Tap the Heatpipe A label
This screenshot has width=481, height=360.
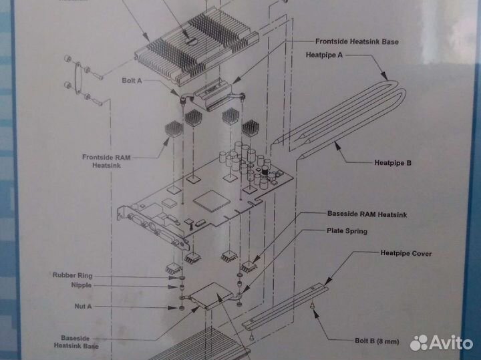324,55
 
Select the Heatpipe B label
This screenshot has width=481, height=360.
393,162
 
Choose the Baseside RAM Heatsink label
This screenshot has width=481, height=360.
367,214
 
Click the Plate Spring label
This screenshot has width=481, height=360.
347,231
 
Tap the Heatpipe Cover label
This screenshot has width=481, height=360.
406,254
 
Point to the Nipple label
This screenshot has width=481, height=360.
80,285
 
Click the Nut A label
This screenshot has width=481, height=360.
84,307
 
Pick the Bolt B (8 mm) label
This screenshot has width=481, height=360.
376,341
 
